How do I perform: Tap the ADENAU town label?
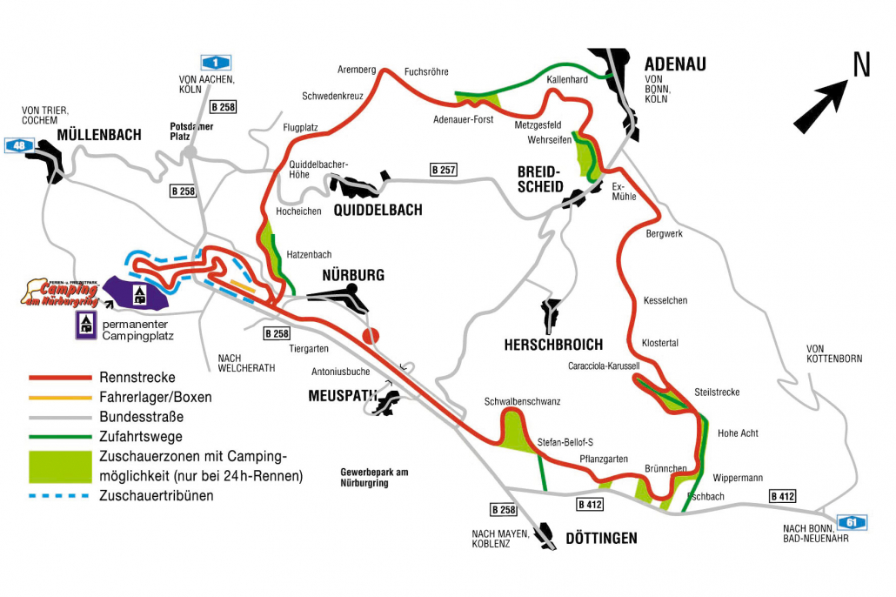(674, 64)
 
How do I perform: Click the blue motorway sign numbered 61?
(852, 521)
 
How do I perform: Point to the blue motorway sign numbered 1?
(216, 62)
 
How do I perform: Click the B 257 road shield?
(443, 170)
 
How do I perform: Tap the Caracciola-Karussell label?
(604, 366)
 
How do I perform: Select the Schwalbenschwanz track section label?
(522, 401)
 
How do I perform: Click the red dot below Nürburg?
(371, 336)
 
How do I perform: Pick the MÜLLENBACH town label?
(98, 135)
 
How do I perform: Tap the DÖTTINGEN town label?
(601, 538)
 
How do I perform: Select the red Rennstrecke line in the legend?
(61, 378)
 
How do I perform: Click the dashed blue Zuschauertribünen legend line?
(61, 496)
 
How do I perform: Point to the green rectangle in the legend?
(61, 466)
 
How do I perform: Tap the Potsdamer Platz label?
(192, 131)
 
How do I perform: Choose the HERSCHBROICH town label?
(552, 345)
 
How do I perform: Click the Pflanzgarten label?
(603, 459)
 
